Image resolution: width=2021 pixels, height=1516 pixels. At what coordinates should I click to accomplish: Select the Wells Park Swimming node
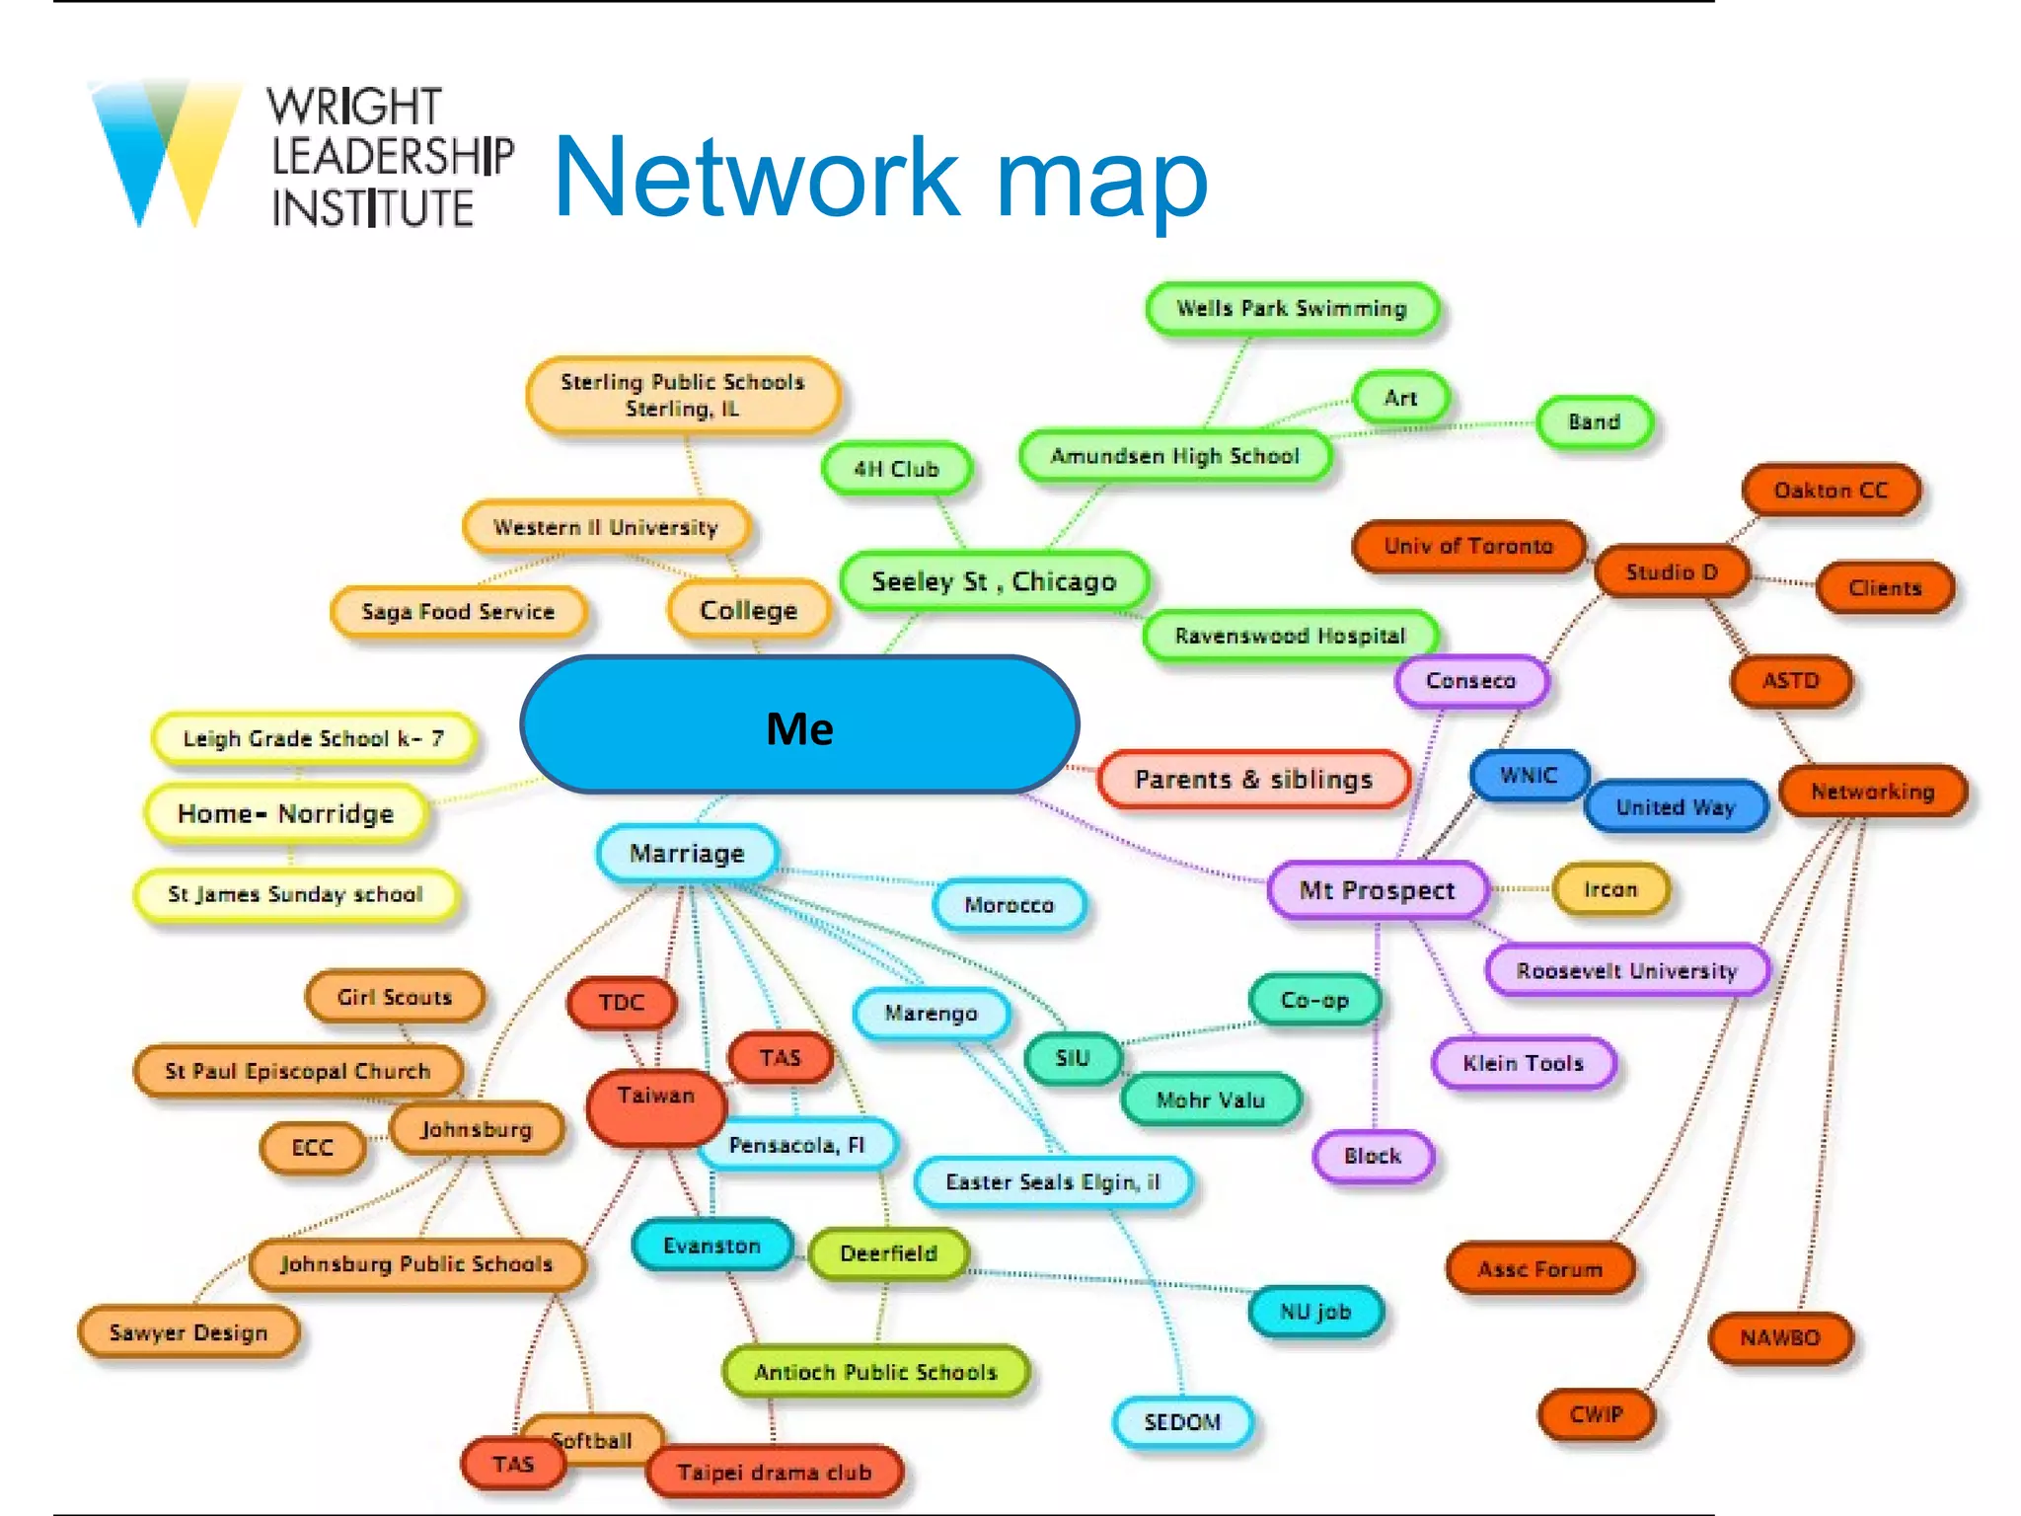pos(1291,309)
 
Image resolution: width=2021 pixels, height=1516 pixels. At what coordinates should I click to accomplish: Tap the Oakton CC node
pos(1831,491)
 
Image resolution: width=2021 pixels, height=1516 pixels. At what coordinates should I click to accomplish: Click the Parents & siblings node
pos(1253,780)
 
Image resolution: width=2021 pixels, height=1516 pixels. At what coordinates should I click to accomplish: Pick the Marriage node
pos(687,854)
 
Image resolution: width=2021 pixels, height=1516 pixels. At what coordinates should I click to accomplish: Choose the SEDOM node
pos(1182,1422)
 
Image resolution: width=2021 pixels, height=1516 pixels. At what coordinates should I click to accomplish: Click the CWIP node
pos(1596,1414)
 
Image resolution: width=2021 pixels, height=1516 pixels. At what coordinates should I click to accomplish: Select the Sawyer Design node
pos(187,1332)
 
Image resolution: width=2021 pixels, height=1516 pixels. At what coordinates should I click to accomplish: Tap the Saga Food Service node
pos(458,612)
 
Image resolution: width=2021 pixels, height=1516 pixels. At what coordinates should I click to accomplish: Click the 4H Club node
pos(896,469)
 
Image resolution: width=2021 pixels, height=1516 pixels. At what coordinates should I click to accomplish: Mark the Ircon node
pos(1610,889)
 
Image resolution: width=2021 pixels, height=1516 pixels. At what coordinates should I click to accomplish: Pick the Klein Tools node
pos(1523,1063)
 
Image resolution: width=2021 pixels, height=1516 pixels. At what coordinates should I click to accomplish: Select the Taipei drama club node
pos(775,1472)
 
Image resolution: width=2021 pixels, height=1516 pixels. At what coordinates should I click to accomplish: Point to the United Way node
pos(1675,807)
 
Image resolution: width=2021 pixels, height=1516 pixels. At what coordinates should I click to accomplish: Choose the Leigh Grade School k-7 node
pos(313,738)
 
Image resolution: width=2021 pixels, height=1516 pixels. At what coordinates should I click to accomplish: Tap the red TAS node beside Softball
pos(512,1464)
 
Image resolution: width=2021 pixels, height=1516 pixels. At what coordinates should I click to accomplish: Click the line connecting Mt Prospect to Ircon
pos(1520,889)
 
